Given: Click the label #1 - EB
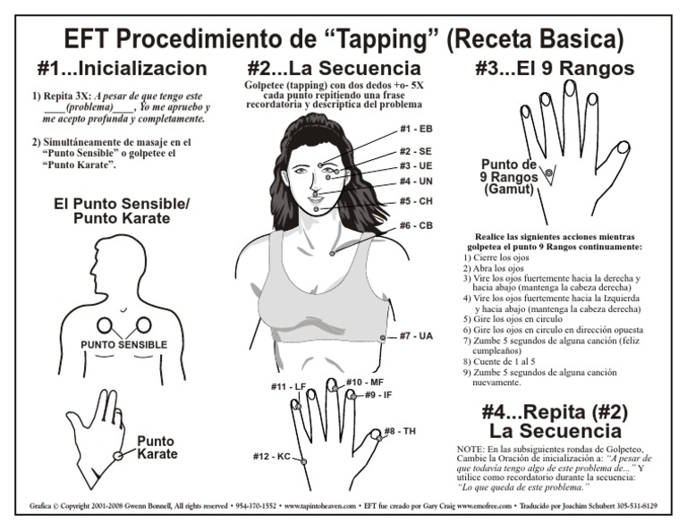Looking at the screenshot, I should click(x=416, y=130).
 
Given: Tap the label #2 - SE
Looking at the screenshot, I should click(x=416, y=151).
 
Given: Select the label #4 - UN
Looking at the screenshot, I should click(x=416, y=181).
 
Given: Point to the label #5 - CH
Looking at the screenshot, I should click(x=416, y=201).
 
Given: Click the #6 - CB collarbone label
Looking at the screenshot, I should click(x=416, y=225).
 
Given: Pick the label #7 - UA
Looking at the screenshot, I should click(x=416, y=336).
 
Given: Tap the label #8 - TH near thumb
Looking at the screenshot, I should click(x=400, y=432).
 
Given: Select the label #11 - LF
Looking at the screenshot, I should click(x=288, y=386).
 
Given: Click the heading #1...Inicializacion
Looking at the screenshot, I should click(x=123, y=69).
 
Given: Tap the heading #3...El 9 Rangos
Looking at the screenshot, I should click(x=554, y=69).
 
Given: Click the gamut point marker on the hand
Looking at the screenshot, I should click(x=549, y=171).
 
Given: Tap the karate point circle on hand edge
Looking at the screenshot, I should click(x=117, y=456).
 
